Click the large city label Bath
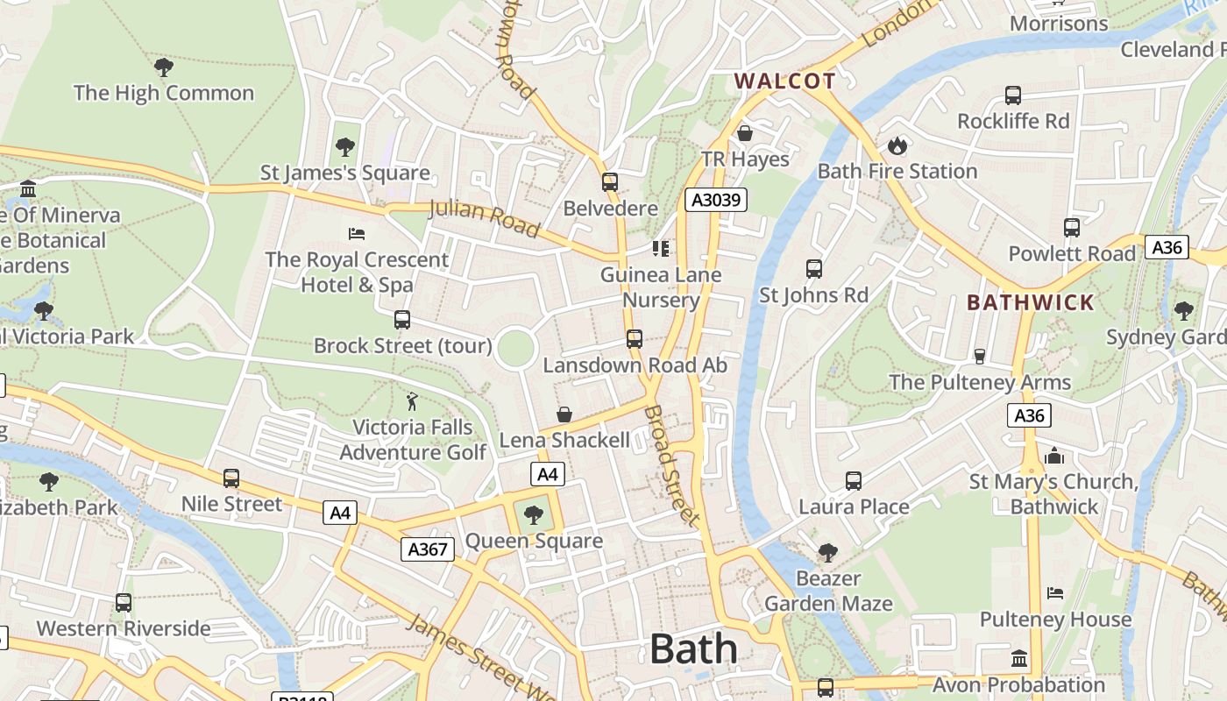pyautogui.click(x=693, y=649)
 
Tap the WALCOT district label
pyautogui.click(x=784, y=81)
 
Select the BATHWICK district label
pyautogui.click(x=1031, y=303)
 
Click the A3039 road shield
pyautogui.click(x=716, y=200)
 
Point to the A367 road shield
pyautogui.click(x=428, y=549)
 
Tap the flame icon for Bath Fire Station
pyautogui.click(x=897, y=145)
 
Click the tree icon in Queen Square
pyautogui.click(x=533, y=515)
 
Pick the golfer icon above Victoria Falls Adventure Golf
pyautogui.click(x=412, y=401)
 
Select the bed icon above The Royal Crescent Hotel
pyautogui.click(x=357, y=233)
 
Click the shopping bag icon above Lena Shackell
pyautogui.click(x=564, y=414)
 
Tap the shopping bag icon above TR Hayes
pyautogui.click(x=745, y=133)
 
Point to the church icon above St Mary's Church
pyautogui.click(x=1054, y=456)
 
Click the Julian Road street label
pyautogui.click(x=484, y=219)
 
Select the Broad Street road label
pyautogui.click(x=672, y=464)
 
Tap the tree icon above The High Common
pyautogui.click(x=163, y=67)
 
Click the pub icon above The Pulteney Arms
pyautogui.click(x=980, y=356)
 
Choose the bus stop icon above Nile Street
pyautogui.click(x=231, y=478)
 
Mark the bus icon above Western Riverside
pyautogui.click(x=124, y=603)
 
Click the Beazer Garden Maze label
pyautogui.click(x=828, y=591)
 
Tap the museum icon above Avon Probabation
pyautogui.click(x=1019, y=658)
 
